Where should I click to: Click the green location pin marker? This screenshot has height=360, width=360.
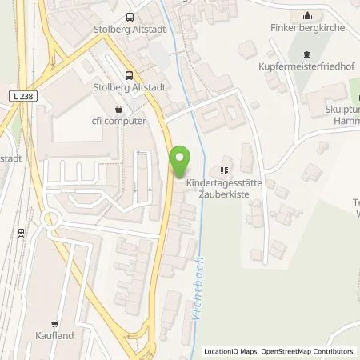(181, 160)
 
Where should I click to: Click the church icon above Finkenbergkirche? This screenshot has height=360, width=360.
(308, 14)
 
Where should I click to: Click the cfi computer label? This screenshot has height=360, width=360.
(119, 121)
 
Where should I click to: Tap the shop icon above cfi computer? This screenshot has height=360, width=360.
(119, 108)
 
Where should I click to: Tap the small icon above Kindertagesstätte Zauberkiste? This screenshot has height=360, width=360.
(225, 170)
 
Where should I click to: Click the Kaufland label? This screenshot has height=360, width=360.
(54, 335)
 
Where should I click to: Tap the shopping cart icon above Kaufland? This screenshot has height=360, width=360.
(54, 323)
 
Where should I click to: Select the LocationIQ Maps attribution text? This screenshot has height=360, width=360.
(232, 351)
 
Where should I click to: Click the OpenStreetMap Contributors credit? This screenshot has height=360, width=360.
(308, 351)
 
